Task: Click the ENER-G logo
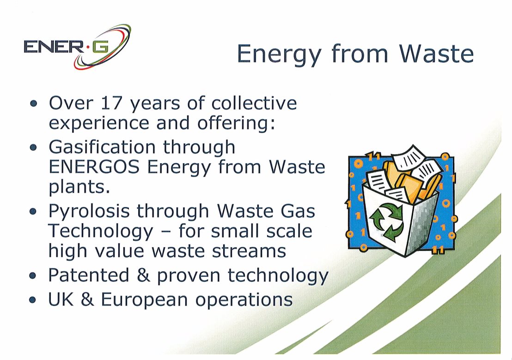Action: click(x=77, y=47)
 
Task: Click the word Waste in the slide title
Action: click(x=436, y=54)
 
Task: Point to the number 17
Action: click(x=111, y=103)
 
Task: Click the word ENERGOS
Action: click(x=94, y=167)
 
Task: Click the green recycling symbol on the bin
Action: click(x=386, y=221)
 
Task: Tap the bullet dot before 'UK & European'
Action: click(x=33, y=300)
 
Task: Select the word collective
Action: click(x=254, y=103)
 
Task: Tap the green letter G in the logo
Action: click(x=100, y=48)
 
